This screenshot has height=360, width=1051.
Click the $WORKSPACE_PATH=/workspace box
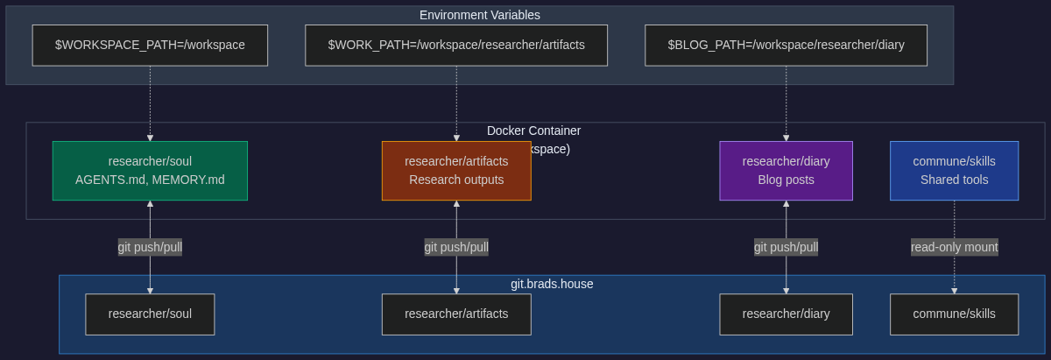[x=150, y=45]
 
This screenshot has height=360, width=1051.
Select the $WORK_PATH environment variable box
[x=456, y=45]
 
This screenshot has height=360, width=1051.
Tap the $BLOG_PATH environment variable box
[x=786, y=45]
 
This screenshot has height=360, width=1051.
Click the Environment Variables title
[x=479, y=15]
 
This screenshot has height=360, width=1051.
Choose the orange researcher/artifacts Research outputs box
[x=456, y=171]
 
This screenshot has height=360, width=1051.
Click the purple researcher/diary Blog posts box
[x=786, y=171]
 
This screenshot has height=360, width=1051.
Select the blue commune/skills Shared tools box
[x=954, y=171]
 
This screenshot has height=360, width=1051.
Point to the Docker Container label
[x=533, y=131]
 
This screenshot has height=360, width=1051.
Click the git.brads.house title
[x=552, y=284]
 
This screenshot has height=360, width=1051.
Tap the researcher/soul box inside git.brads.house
[x=150, y=314]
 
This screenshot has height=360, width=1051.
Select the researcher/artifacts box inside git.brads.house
[x=456, y=314]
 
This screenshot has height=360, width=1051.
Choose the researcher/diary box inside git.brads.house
[x=786, y=314]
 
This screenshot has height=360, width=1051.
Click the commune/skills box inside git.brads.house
[x=954, y=314]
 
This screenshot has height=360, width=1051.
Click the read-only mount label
[x=954, y=247]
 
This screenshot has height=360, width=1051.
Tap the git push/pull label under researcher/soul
[x=150, y=247]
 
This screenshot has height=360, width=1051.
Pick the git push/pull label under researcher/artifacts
[x=456, y=247]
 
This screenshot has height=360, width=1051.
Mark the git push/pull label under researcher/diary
[x=786, y=247]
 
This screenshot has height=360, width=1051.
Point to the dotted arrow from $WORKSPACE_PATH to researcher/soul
[x=150, y=103]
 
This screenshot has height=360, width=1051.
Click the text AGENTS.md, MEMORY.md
[x=150, y=180]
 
